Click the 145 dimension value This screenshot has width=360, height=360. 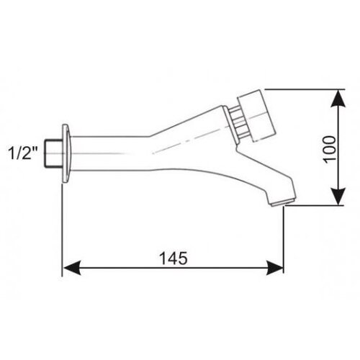click(x=174, y=258)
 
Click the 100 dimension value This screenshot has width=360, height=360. click(x=330, y=150)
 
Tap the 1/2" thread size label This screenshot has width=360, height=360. click(x=24, y=153)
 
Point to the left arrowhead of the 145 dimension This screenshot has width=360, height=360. click(x=71, y=268)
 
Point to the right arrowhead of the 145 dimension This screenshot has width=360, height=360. click(x=275, y=268)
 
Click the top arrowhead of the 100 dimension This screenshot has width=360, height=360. click(x=338, y=99)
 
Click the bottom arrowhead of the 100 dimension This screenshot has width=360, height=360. click(x=338, y=197)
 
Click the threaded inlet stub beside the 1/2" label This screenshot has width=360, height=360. click(x=54, y=153)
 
